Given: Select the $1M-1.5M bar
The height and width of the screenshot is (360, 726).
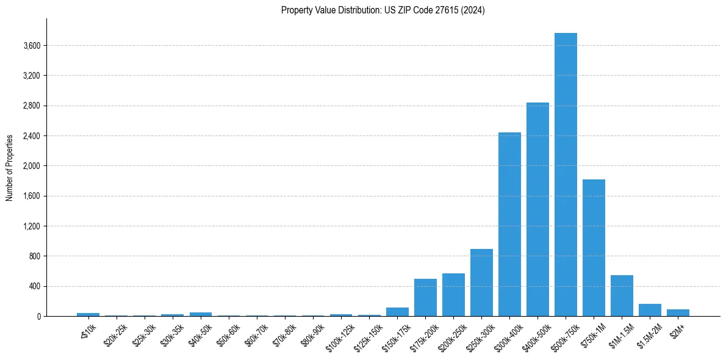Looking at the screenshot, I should click(x=622, y=296).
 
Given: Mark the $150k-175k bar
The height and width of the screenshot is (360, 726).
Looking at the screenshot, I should click(x=397, y=312).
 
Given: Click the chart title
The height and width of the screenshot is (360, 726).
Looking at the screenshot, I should click(x=383, y=10).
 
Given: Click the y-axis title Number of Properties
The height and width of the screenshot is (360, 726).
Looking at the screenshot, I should click(x=10, y=167).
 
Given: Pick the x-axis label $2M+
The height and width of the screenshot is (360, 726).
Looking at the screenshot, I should click(x=677, y=330).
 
